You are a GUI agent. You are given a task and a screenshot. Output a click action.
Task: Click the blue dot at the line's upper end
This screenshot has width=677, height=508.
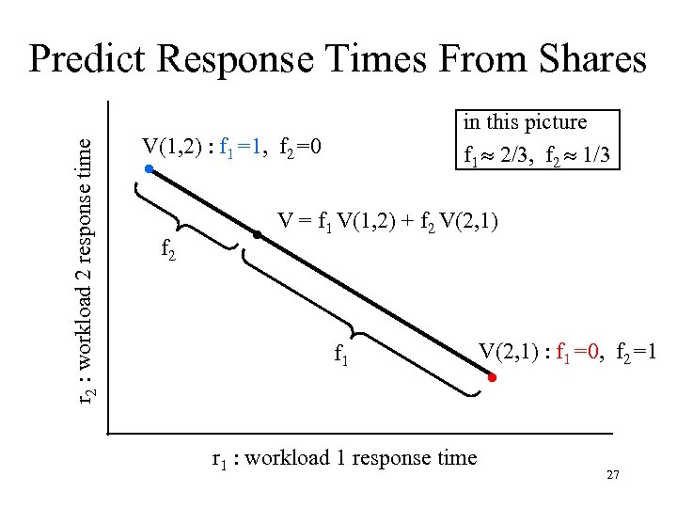(x=149, y=169)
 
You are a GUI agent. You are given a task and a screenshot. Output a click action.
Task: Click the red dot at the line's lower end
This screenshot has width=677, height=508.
(x=491, y=378)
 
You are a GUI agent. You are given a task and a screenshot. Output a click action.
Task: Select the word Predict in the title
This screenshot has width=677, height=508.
(x=89, y=59)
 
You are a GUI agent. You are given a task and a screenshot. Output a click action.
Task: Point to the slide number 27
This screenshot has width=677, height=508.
(x=612, y=476)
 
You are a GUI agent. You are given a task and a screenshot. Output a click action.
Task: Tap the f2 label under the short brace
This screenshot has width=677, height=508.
(x=169, y=250)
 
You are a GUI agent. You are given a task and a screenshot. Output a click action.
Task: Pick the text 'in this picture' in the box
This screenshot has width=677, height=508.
(x=524, y=122)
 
